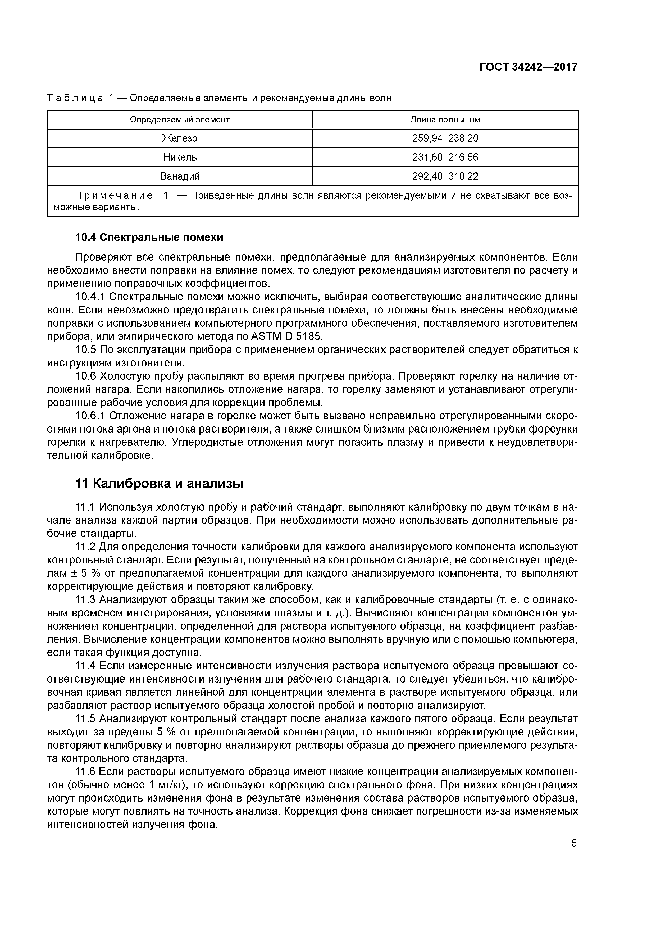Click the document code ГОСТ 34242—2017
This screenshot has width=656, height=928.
click(528, 67)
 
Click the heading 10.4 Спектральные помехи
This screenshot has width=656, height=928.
click(149, 237)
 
